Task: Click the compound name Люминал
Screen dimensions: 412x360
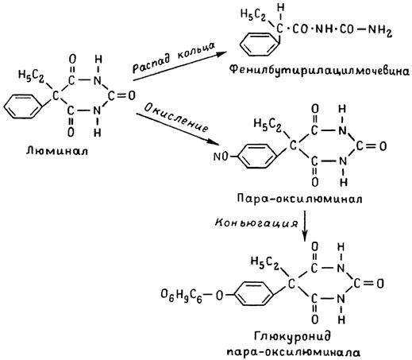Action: pos(57,151)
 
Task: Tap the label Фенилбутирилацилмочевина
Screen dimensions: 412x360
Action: pos(319,71)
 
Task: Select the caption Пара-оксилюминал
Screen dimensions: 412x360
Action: pos(299,199)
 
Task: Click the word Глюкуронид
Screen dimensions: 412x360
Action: pos(292,336)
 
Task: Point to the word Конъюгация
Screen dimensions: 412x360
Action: pos(256,223)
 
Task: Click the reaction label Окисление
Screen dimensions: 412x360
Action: pos(176,118)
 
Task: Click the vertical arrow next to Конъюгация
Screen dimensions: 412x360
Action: pos(305,226)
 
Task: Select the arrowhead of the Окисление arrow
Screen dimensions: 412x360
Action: pos(214,141)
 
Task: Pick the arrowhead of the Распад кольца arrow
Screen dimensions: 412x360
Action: pos(221,54)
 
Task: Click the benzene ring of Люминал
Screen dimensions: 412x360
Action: pos(23,106)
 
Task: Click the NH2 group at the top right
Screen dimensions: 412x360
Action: pos(379,30)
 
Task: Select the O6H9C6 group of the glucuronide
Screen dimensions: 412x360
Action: pos(181,296)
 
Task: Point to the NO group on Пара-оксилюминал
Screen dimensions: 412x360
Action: pos(221,157)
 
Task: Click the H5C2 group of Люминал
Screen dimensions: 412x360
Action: pos(31,76)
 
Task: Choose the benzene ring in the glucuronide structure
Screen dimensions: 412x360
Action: pos(254,293)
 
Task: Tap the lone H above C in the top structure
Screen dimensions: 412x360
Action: pos(281,8)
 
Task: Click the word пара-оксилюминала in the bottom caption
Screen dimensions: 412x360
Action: pos(294,352)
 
